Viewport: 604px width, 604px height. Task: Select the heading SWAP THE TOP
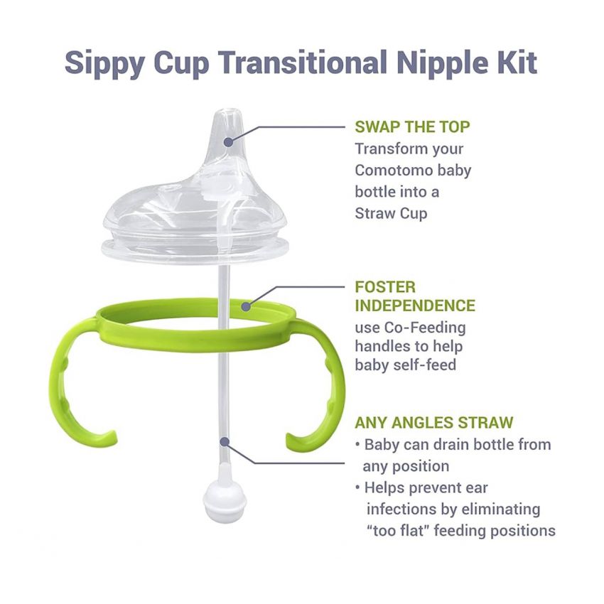pos(412,127)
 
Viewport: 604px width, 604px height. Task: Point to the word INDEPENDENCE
pos(415,306)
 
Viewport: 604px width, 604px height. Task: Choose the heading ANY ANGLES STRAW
pos(433,423)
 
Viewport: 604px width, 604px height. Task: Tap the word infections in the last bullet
pos(404,509)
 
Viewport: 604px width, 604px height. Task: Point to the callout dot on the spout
pos(228,141)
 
